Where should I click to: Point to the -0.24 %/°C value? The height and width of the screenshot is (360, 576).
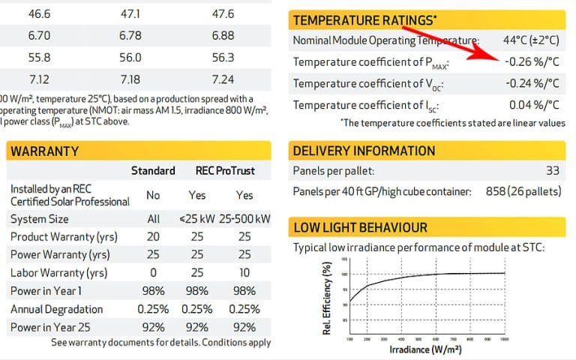[531, 83]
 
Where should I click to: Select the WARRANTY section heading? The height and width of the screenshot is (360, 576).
[44, 151]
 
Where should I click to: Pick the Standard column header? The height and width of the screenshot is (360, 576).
[154, 171]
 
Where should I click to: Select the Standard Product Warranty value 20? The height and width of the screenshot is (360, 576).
[153, 237]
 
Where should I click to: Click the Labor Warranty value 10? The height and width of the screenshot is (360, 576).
[245, 272]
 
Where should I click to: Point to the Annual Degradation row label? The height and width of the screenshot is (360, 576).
[56, 309]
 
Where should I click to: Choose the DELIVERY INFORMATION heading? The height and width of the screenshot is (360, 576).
[364, 151]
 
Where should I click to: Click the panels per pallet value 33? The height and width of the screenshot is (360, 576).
[553, 172]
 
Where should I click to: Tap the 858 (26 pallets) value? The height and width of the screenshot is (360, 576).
[522, 192]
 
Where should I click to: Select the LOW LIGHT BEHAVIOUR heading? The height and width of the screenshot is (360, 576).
[361, 227]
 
